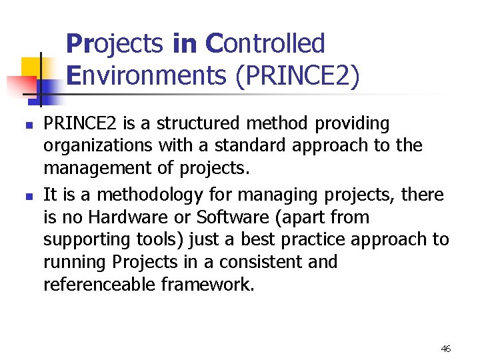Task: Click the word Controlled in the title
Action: pos(265,44)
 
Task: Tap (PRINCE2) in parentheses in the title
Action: pos(297,76)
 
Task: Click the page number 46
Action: pos(446,349)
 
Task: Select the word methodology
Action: pos(132,195)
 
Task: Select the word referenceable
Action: pos(100,285)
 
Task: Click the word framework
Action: pos(207,285)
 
